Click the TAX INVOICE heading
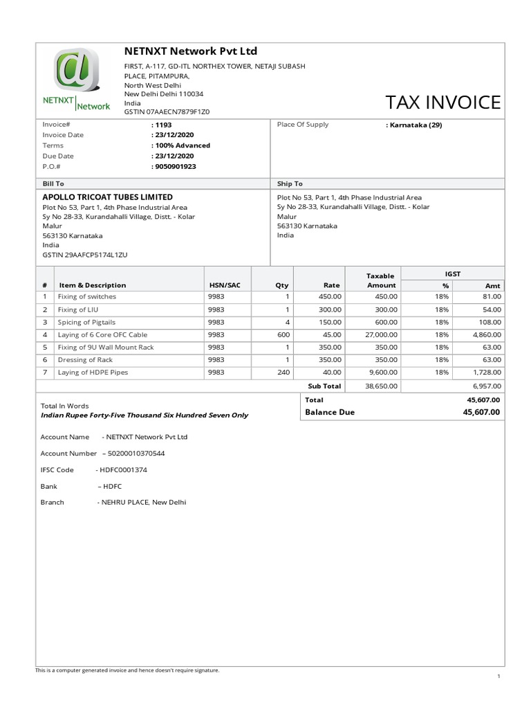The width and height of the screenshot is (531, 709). [442, 102]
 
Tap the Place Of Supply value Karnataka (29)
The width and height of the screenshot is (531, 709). [413, 125]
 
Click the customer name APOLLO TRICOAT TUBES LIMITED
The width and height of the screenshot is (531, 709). [108, 197]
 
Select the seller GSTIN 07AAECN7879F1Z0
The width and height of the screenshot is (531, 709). [167, 111]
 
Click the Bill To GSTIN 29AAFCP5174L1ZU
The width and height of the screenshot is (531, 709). [85, 255]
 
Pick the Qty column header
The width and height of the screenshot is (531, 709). [281, 285]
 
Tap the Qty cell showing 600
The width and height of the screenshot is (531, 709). [283, 334]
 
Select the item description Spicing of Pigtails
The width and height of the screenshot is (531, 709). [86, 322]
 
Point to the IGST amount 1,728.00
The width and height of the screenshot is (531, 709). [487, 372]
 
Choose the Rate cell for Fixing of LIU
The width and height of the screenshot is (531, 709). [329, 309]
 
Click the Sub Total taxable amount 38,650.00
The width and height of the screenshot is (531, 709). [381, 386]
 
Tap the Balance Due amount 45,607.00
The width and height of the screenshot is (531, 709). [481, 412]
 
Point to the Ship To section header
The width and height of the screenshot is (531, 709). [290, 183]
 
